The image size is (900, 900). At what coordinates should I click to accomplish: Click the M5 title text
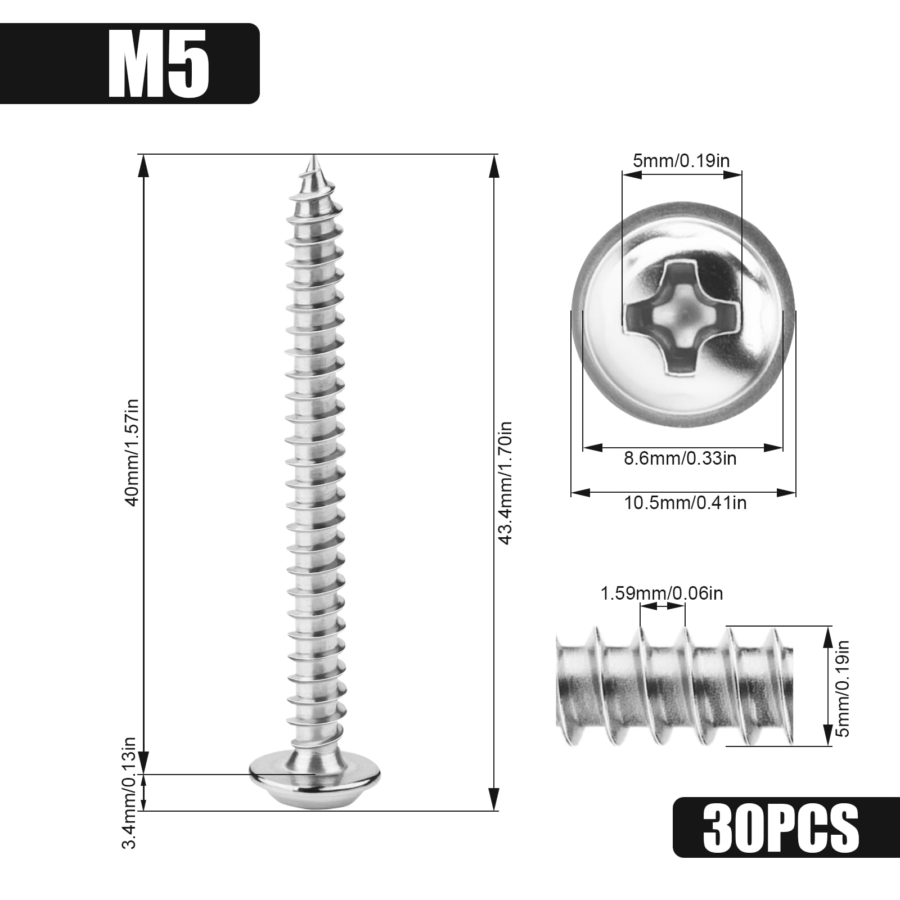(x=159, y=64)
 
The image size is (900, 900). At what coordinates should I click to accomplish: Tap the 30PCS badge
(x=786, y=827)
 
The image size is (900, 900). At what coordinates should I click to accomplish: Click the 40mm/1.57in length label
(x=133, y=452)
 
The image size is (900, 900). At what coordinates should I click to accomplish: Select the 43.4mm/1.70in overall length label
(x=505, y=483)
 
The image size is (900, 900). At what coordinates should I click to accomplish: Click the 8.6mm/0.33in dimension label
(x=680, y=458)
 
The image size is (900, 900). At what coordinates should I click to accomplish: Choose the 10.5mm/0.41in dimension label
(x=685, y=502)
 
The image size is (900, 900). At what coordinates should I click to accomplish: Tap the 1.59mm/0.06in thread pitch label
(x=661, y=593)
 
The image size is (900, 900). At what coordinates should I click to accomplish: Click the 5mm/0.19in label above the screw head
(x=681, y=161)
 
